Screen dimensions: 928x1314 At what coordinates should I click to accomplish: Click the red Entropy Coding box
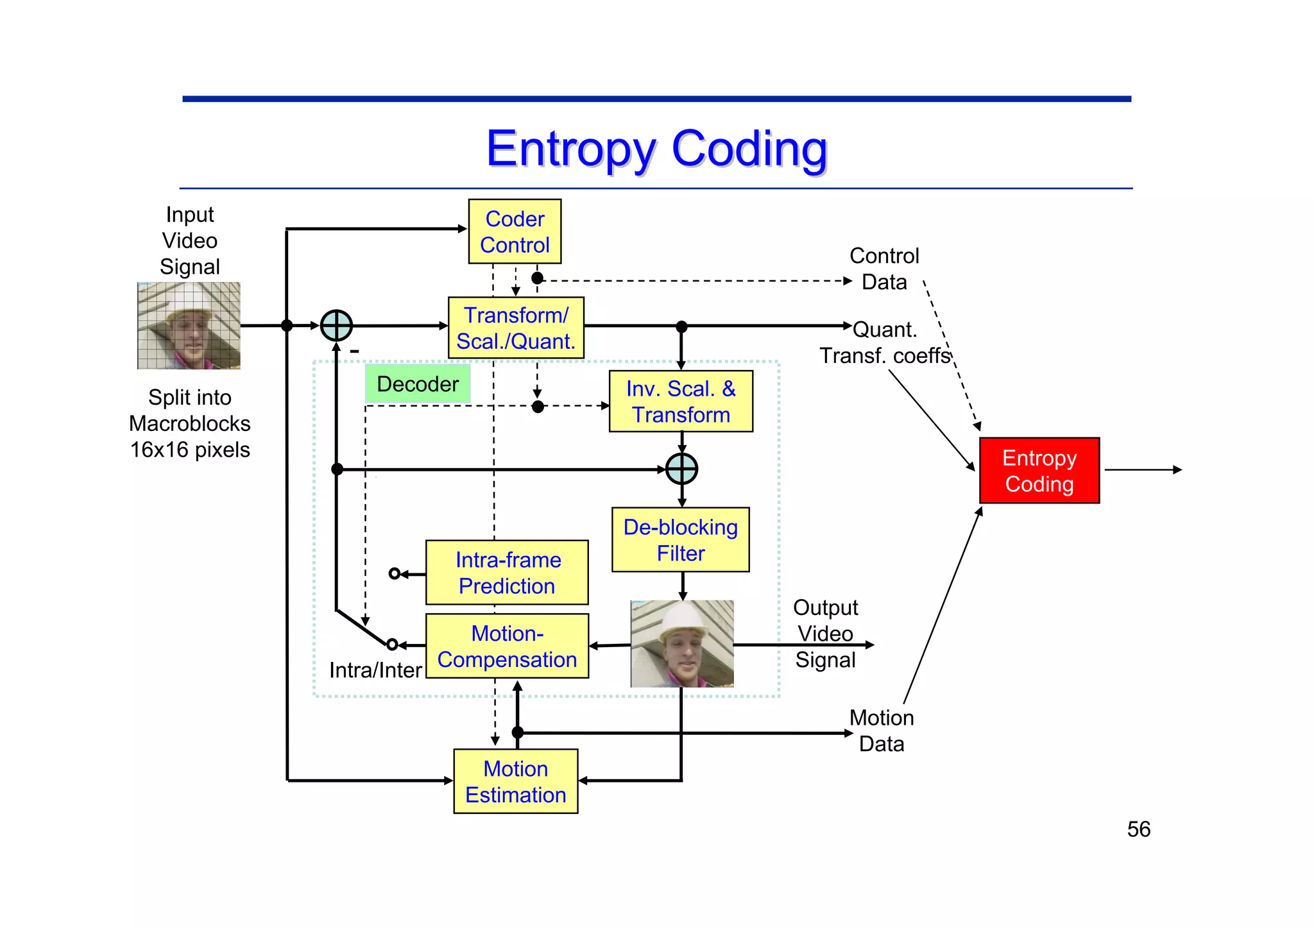(x=1039, y=471)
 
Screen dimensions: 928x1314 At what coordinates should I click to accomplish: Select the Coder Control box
(x=515, y=232)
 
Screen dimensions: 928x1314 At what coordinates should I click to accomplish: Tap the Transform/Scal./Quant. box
(x=516, y=328)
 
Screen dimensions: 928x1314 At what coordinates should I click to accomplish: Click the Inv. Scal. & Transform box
(x=681, y=401)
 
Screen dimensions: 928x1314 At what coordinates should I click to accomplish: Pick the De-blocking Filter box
(x=681, y=540)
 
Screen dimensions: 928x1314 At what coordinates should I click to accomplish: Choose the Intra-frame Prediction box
(x=507, y=573)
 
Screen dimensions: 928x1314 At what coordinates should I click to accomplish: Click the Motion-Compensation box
(x=507, y=646)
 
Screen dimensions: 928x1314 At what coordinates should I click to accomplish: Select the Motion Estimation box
(x=515, y=781)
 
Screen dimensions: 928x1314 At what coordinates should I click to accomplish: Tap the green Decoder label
(x=418, y=384)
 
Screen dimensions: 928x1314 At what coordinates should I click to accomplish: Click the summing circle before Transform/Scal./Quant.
(x=336, y=326)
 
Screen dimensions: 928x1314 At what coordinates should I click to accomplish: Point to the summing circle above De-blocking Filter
(x=681, y=469)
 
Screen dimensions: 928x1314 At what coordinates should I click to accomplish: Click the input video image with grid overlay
(x=189, y=326)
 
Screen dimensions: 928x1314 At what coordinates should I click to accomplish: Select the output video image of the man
(x=682, y=644)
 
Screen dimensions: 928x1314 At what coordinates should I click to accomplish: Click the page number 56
(x=1138, y=829)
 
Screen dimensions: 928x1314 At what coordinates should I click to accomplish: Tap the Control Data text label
(x=884, y=269)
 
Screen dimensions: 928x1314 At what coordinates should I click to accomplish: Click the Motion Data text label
(x=882, y=730)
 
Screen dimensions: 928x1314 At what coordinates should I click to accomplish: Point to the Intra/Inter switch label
(x=375, y=670)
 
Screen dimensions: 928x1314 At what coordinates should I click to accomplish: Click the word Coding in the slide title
(x=749, y=149)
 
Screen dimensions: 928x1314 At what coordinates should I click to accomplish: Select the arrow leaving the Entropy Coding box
(x=1142, y=470)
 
